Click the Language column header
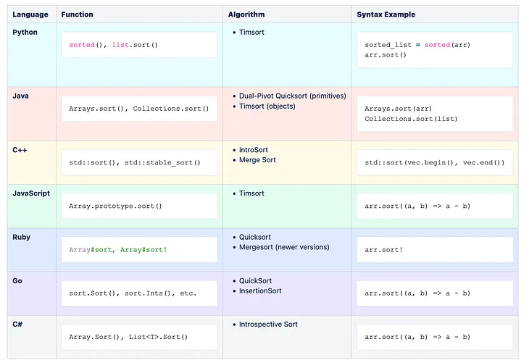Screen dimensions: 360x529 click(x=30, y=14)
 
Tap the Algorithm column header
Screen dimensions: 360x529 click(x=246, y=14)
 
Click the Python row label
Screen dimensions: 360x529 click(x=25, y=33)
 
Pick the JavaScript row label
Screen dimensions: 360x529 click(x=31, y=193)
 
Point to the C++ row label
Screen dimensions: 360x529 click(x=20, y=149)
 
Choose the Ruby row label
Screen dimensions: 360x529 click(x=22, y=237)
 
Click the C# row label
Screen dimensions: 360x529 click(x=18, y=325)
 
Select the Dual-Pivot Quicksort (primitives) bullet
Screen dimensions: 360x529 click(x=292, y=96)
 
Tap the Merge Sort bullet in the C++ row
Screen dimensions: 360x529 click(x=257, y=160)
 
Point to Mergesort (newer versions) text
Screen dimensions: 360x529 click(x=283, y=247)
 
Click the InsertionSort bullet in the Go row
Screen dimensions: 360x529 click(x=260, y=291)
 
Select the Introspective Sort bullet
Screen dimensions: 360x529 click(x=268, y=325)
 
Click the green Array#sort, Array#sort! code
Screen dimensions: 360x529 click(x=117, y=249)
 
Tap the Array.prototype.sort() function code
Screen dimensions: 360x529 click(x=115, y=206)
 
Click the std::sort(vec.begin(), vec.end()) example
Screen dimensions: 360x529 click(x=434, y=162)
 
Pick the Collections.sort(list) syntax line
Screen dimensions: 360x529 click(x=411, y=119)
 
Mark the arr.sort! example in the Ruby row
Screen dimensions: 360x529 click(x=384, y=249)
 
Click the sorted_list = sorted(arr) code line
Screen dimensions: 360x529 click(x=417, y=45)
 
